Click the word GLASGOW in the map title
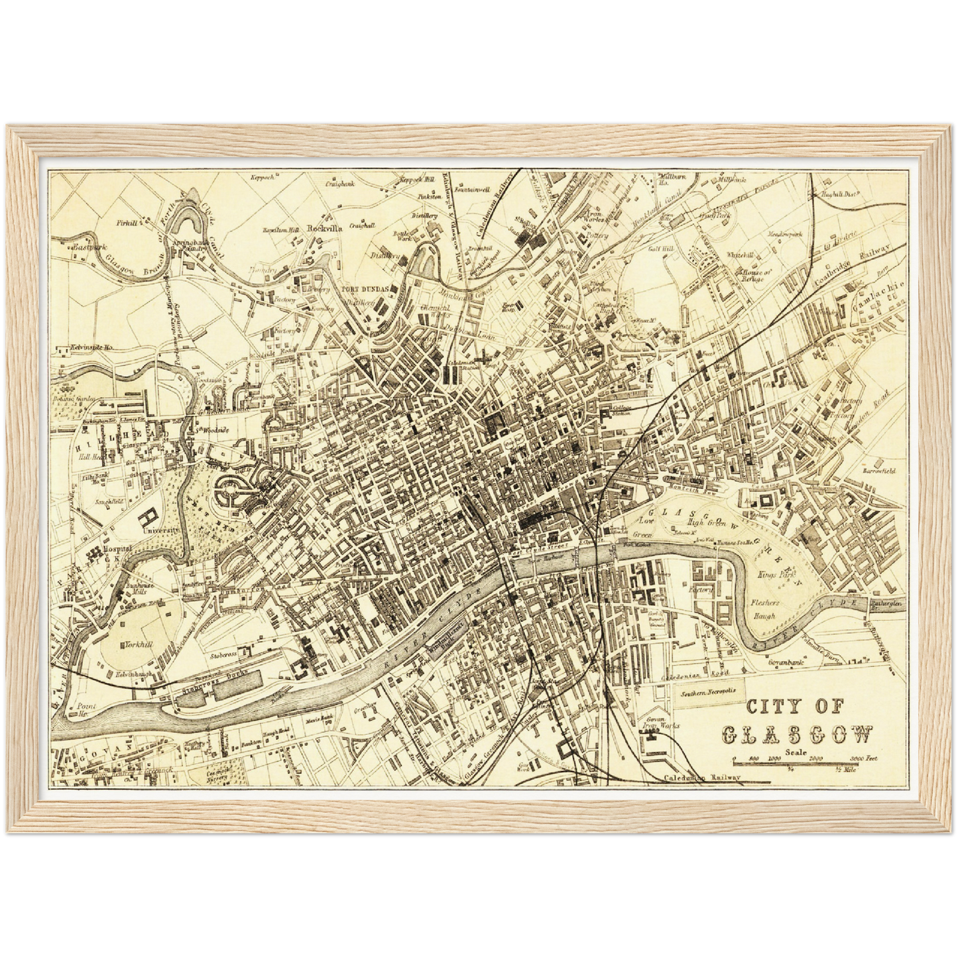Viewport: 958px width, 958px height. tap(796, 734)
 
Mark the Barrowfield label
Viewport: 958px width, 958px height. tap(879, 470)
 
